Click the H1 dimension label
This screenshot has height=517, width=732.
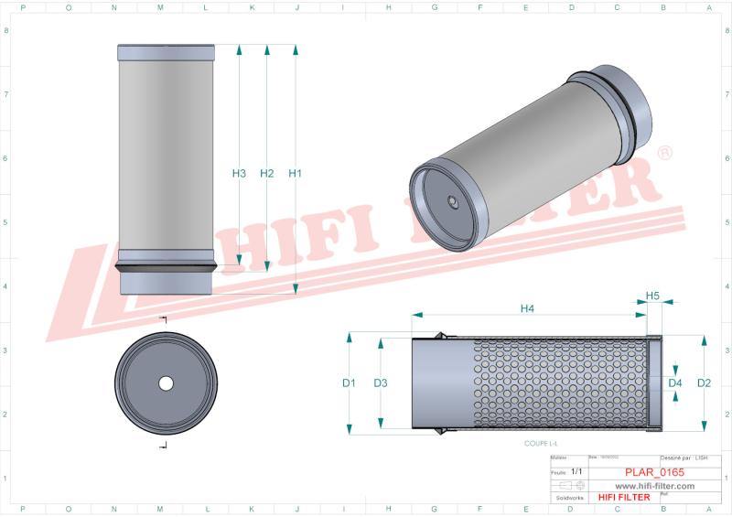point(295,173)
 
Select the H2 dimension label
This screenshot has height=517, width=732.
point(267,173)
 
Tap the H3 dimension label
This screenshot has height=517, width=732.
point(239,173)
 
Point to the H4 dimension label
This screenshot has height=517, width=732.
point(527,308)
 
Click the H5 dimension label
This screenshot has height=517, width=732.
point(652,296)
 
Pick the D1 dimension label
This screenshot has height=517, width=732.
point(349,382)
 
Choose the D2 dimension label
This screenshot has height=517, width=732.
point(704,382)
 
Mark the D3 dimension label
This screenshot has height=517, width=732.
point(381,382)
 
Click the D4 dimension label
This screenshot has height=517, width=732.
point(675,382)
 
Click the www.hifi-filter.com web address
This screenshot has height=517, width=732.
point(654,486)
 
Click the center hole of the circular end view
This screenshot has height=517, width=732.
point(166,382)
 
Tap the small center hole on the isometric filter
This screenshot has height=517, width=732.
point(453,201)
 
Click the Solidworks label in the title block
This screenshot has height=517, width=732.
point(566,497)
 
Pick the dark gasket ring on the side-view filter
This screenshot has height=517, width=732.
point(167,267)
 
